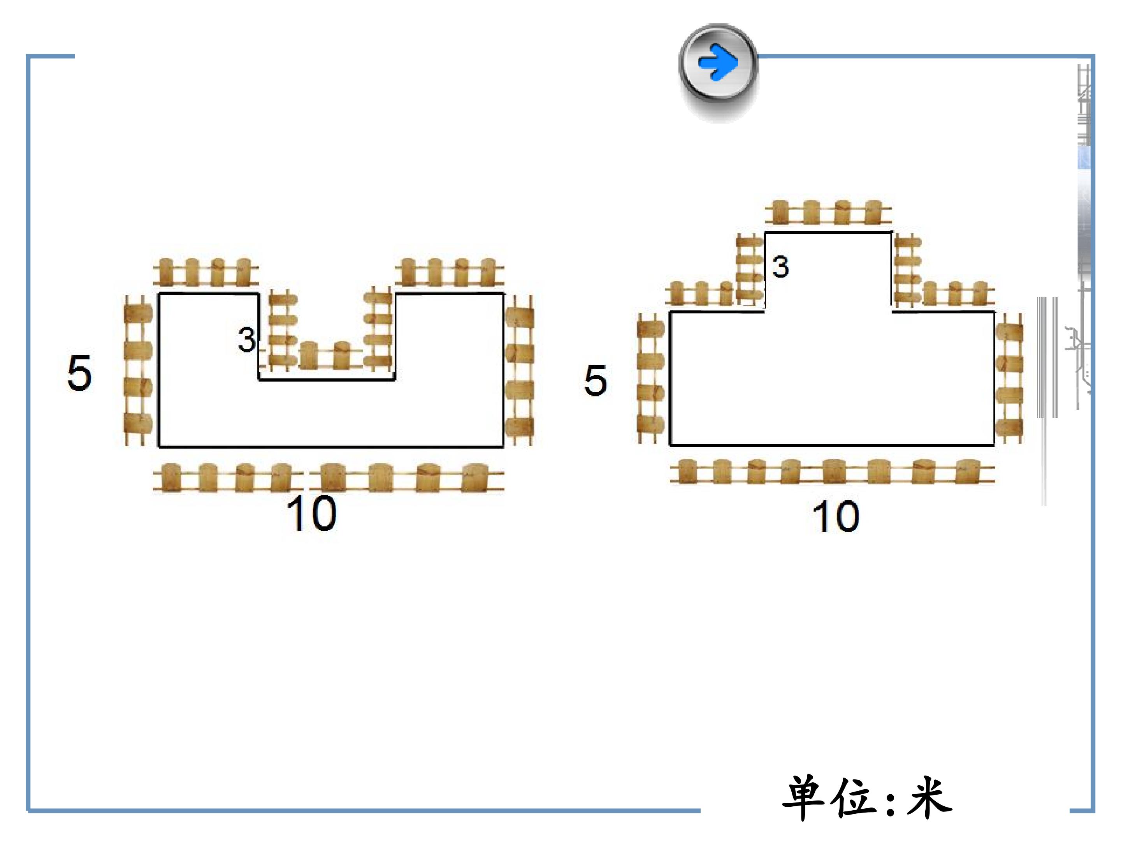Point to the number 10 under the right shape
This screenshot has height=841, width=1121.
coord(836,517)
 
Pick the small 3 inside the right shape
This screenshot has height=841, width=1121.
coord(780,267)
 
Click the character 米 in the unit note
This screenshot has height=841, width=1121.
coord(930,797)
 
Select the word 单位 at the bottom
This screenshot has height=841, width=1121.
coord(831,797)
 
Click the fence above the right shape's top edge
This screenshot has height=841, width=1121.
coord(828,213)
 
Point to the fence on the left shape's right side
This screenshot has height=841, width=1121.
coord(520,371)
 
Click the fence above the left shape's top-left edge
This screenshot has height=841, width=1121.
coord(206,272)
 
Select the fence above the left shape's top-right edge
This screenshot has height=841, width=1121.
coord(450,272)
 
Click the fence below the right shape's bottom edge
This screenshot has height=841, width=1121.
coord(832,472)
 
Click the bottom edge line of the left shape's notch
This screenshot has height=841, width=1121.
coord(327,379)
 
